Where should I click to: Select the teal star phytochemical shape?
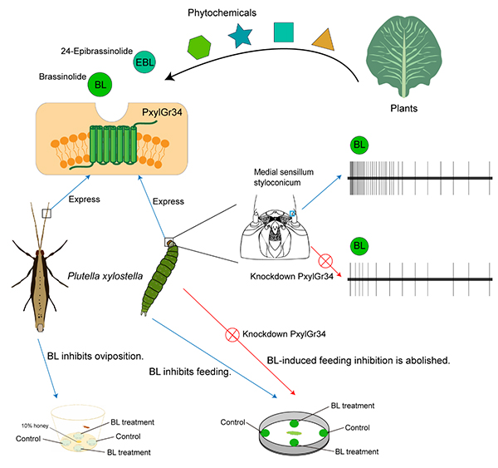pos(241,37)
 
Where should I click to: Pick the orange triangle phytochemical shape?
pos(325,37)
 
